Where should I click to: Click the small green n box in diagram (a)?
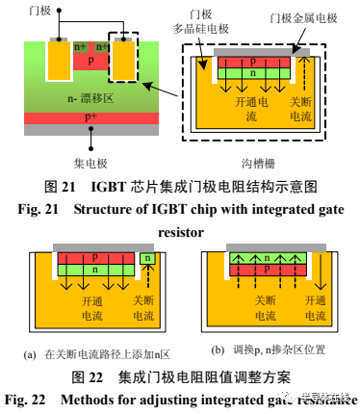[x=146, y=258]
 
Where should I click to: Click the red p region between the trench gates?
[x=90, y=61]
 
